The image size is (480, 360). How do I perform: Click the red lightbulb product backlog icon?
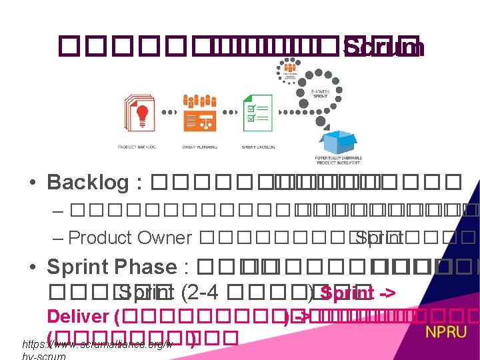[x=140, y=114]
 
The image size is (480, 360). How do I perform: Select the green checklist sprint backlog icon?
[x=257, y=113]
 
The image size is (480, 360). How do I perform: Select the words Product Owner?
[x=130, y=237]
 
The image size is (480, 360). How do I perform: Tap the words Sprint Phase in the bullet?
[x=111, y=267]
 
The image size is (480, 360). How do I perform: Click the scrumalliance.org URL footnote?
[x=97, y=346]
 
